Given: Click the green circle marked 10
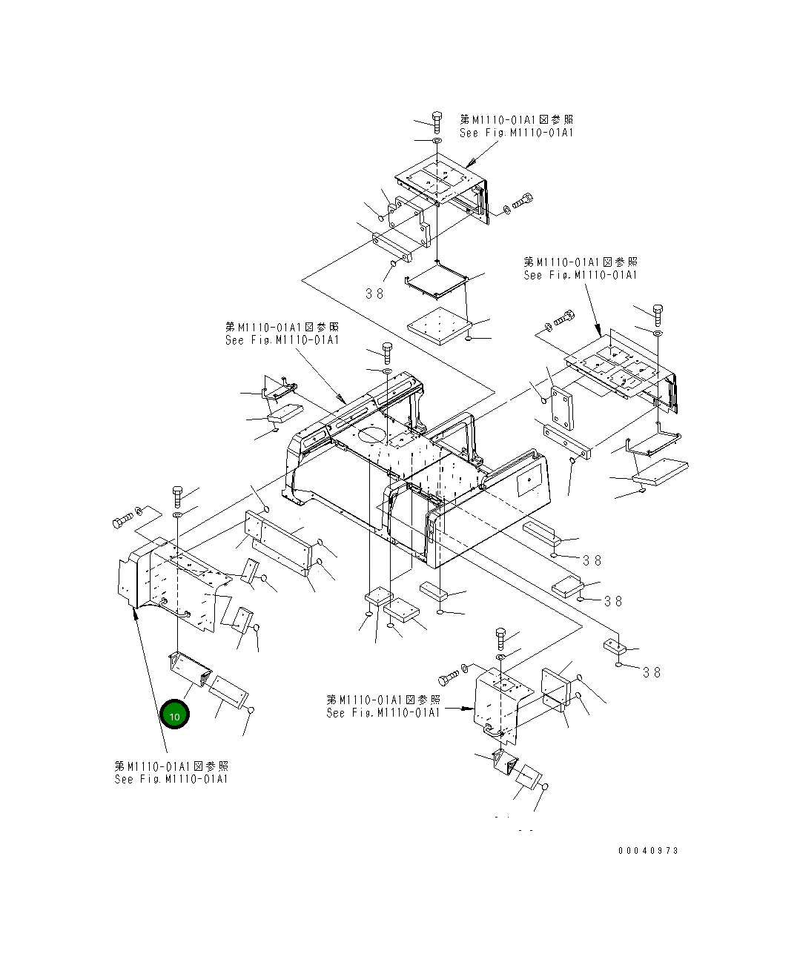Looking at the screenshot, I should click(x=175, y=714).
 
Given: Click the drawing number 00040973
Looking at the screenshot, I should click(x=648, y=851).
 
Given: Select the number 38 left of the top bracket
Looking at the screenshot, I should click(x=375, y=294).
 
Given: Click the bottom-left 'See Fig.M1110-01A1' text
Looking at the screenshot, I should click(x=171, y=780).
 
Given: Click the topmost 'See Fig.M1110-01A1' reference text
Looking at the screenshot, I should click(x=516, y=133).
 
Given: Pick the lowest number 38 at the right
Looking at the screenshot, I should click(x=652, y=672).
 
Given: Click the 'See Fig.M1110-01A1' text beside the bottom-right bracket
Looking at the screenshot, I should click(x=383, y=713).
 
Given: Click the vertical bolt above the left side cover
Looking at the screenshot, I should click(x=177, y=493).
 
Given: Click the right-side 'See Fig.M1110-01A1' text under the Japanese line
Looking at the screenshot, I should click(x=580, y=276).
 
